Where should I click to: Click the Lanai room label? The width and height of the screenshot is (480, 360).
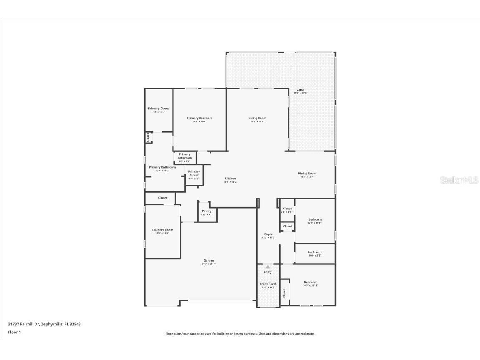(x=300, y=90)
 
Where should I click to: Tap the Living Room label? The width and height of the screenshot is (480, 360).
(x=257, y=118)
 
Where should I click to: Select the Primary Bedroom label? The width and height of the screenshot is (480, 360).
(x=199, y=118)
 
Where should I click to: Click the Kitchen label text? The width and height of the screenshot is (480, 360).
(x=231, y=179)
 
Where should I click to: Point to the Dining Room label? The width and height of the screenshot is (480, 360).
(x=307, y=174)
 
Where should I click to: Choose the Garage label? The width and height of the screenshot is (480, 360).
(x=209, y=261)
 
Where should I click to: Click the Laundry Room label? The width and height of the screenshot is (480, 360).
(x=162, y=230)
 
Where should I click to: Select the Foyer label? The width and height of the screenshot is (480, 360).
(x=268, y=234)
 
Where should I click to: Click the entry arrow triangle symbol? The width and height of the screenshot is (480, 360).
(x=268, y=267)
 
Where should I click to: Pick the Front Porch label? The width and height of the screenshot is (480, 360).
(x=268, y=284)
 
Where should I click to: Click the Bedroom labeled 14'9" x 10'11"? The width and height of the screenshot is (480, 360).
(x=310, y=282)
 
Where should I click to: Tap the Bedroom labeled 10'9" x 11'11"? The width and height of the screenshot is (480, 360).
(x=315, y=220)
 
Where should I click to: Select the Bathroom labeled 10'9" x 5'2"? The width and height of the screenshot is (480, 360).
(x=315, y=252)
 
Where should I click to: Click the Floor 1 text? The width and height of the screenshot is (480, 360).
(x=14, y=332)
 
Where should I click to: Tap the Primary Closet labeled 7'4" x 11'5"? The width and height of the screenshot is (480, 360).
(x=158, y=109)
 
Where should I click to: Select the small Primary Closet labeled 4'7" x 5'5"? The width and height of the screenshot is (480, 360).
(x=194, y=174)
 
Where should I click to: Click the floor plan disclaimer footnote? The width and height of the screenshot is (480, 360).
(x=240, y=334)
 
